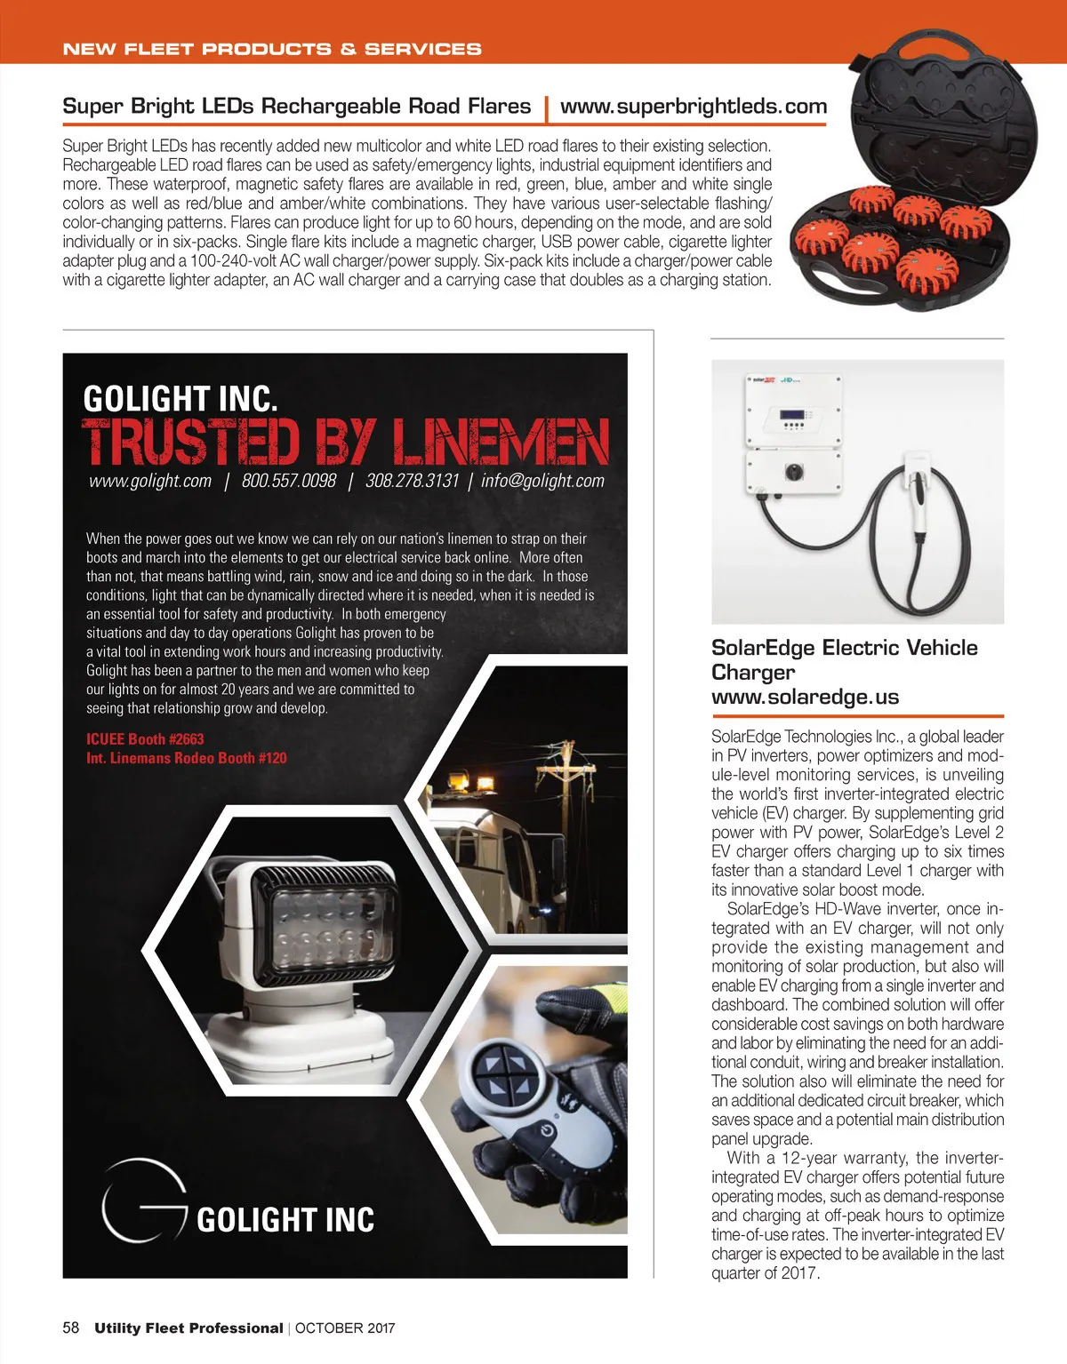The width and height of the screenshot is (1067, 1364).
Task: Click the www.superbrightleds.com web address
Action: [694, 107]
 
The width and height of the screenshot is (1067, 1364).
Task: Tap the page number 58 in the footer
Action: [71, 1328]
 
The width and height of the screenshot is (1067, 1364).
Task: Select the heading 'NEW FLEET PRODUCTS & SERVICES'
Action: [272, 49]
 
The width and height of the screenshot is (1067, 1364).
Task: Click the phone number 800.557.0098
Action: [289, 481]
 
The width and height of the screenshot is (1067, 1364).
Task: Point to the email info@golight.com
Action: [542, 481]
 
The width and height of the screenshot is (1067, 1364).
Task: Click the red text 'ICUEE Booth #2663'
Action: [145, 739]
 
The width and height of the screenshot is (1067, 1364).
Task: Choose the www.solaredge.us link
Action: [805, 697]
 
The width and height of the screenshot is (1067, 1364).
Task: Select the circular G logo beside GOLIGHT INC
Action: [142, 1200]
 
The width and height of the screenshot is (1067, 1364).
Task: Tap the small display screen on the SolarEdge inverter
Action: [792, 414]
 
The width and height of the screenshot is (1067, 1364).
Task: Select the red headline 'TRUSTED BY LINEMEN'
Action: [345, 442]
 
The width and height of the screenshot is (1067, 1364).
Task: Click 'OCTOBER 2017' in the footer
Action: [345, 1328]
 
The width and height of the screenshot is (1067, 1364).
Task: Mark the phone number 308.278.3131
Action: [412, 481]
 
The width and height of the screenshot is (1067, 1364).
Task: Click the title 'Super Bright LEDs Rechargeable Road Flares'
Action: [296, 107]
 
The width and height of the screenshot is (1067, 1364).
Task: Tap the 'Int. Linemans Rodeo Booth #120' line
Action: [187, 758]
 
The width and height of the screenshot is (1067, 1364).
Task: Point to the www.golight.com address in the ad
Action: [150, 481]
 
